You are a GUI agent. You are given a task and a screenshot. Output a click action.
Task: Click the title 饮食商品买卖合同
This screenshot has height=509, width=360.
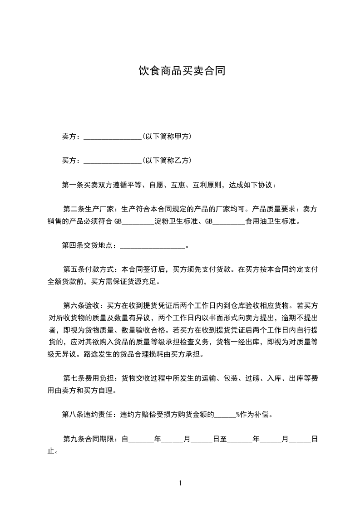coord(182,71)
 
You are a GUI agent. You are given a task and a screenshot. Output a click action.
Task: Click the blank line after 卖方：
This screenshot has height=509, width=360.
coord(113,136)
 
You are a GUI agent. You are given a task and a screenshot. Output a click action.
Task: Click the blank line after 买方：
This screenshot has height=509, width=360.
coord(113,161)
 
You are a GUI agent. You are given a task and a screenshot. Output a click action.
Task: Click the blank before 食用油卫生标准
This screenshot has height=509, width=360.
coord(229,222)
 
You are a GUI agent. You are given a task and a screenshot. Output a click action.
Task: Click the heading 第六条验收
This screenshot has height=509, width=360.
coord(82,304)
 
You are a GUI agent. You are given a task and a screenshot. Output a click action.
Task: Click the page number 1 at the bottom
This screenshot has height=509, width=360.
coord(181,483)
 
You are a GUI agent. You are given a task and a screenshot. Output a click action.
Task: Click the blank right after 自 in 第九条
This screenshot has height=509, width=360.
coord(142,439)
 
